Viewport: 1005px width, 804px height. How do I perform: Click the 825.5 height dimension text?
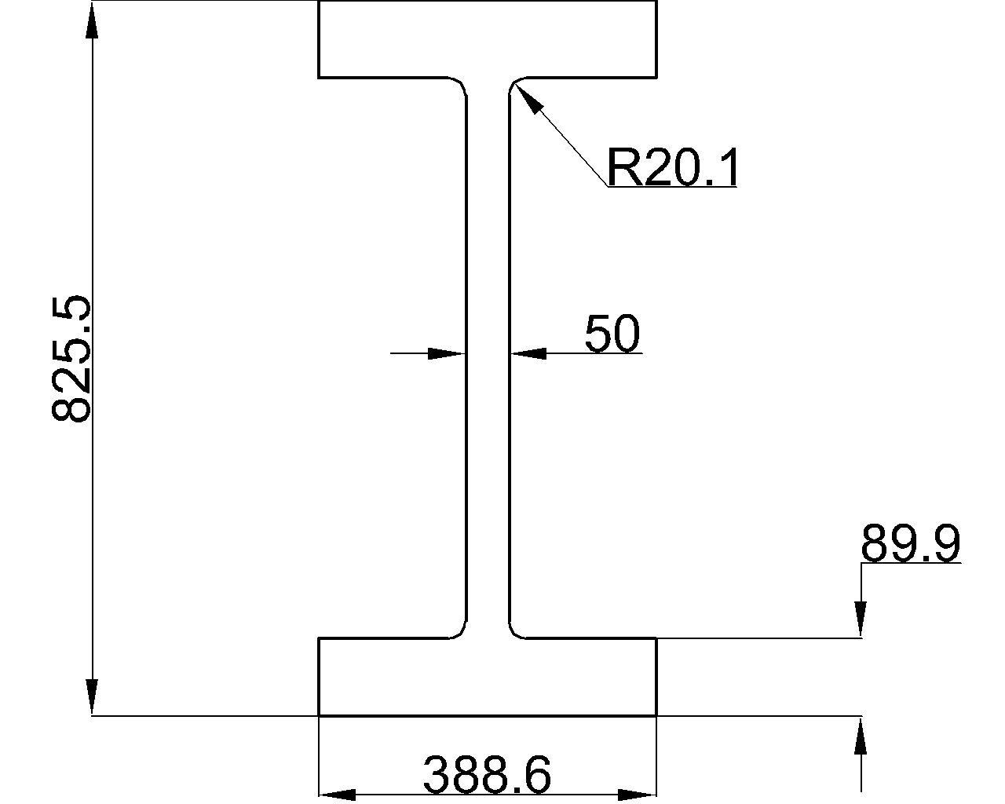[70, 359]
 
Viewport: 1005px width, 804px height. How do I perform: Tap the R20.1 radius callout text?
[673, 166]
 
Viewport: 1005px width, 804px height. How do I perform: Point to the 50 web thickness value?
[612, 333]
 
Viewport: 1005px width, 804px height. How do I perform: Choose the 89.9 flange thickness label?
[910, 543]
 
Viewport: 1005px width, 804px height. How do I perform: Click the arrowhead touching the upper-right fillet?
[528, 97]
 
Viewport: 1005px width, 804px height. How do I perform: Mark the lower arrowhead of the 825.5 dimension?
[92, 696]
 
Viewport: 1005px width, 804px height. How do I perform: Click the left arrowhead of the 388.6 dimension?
[337, 795]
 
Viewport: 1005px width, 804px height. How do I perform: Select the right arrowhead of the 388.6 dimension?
[637, 795]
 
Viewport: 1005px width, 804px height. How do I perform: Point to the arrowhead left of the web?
[447, 353]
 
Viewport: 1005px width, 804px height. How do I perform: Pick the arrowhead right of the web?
[528, 353]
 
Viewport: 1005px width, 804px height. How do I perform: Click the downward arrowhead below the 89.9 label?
[861, 619]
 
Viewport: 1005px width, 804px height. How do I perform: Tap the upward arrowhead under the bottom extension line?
[861, 736]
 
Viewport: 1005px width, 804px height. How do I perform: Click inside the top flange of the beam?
[488, 39]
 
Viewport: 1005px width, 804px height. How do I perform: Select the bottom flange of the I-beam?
[488, 677]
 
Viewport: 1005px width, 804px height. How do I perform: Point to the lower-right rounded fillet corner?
[514, 630]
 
